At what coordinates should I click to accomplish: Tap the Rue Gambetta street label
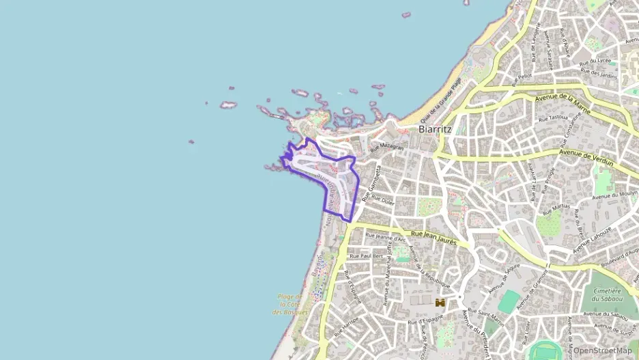(x=373, y=180)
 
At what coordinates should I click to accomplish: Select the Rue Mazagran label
(x=387, y=146)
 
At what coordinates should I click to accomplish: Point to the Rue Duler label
(x=384, y=201)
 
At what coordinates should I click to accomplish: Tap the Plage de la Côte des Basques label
(x=290, y=304)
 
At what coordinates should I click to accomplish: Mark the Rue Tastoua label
(x=553, y=118)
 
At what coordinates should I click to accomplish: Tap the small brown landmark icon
(x=441, y=302)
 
